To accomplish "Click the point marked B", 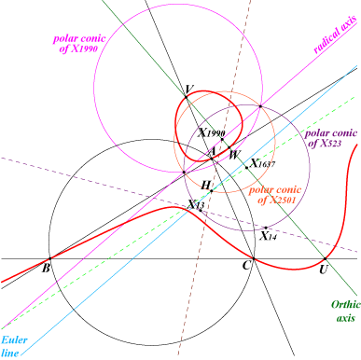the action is coord(49,258).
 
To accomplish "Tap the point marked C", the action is coord(254,258).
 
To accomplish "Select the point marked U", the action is coord(326,258).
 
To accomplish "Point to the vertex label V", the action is coord(188,90).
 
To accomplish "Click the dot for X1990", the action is coord(222,139).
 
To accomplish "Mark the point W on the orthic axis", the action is coord(229,147).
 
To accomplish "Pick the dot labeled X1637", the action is coord(246,168).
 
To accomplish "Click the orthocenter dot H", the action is coord(212,191).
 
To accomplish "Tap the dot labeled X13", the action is coord(201,211).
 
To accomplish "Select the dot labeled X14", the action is coord(266,228).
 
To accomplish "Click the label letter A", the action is coord(212,152).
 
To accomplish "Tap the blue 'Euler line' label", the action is coord(14,346).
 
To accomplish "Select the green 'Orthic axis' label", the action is coord(345,312).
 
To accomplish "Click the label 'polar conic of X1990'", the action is coord(79,44).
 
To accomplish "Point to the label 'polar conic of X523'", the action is coord(331,138).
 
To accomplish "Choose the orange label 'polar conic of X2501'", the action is coord(275,195).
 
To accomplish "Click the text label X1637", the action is coord(263,163).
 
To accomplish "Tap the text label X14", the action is coord(269,236).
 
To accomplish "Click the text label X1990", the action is coord(212,133).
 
